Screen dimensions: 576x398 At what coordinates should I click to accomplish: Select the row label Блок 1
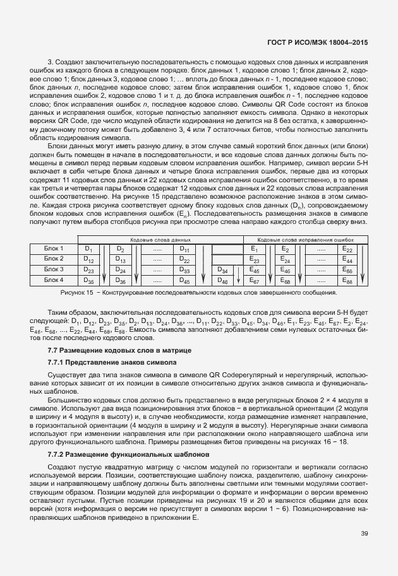tap(54, 249)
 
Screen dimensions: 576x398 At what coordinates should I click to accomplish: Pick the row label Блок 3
tap(54, 269)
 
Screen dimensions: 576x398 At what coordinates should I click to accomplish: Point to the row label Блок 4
tap(54, 279)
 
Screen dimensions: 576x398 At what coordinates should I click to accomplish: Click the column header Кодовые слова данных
tap(160, 240)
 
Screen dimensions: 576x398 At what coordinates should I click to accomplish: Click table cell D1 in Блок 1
tap(88, 249)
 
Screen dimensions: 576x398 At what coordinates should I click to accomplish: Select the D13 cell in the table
tap(120, 259)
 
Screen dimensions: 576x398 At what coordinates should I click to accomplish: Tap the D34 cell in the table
tap(222, 270)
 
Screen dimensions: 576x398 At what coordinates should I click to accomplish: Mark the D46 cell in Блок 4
tap(222, 280)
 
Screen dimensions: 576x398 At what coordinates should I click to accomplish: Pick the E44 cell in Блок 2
tap(347, 259)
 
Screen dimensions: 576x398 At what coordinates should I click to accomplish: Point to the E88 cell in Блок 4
tap(347, 280)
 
